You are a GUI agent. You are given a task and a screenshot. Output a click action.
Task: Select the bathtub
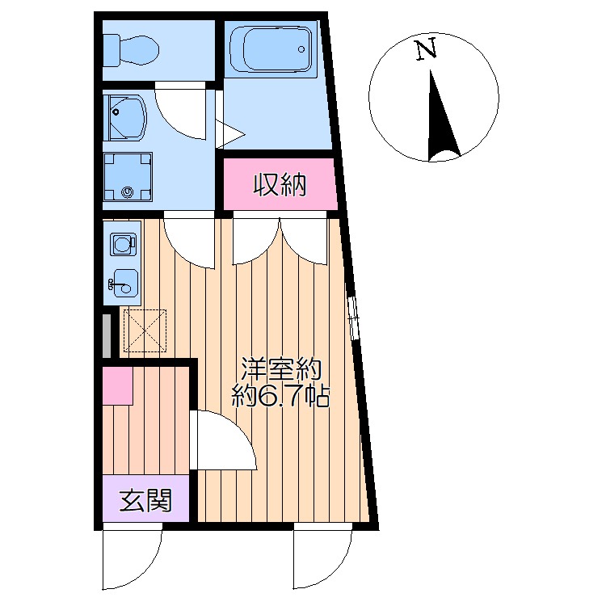271,49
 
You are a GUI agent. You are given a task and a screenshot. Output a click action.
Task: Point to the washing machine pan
128,176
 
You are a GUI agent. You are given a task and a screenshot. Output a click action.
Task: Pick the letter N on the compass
426,50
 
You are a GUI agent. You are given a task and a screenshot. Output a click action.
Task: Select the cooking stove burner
122,243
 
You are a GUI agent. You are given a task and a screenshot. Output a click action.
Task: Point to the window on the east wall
352,317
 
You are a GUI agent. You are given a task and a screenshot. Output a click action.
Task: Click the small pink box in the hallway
117,386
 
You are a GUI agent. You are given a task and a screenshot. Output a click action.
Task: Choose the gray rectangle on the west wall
105,335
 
